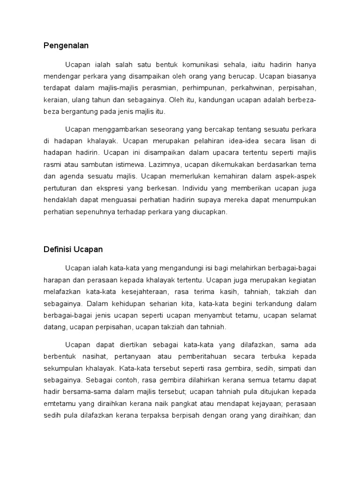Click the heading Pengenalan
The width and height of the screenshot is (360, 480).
pyautogui.click(x=66, y=45)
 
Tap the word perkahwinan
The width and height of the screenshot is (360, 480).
pyautogui.click(x=253, y=88)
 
